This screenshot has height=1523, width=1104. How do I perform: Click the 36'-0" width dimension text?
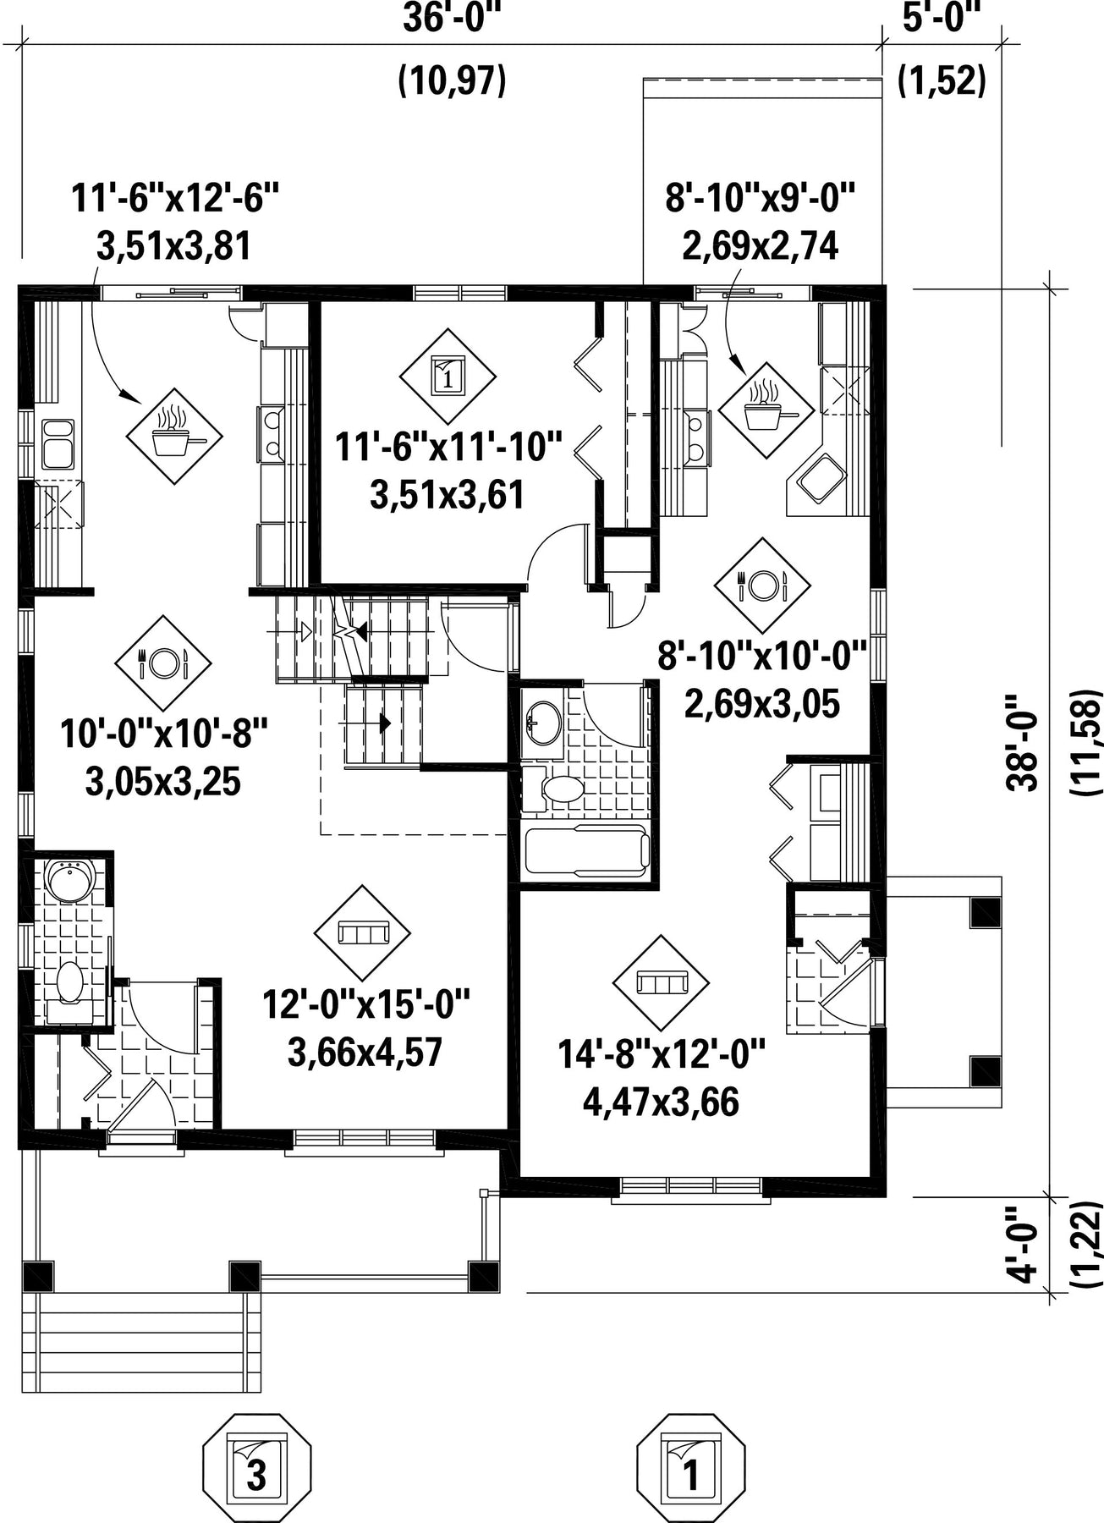click(x=452, y=19)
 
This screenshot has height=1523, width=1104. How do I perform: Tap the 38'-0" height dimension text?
click(x=1021, y=743)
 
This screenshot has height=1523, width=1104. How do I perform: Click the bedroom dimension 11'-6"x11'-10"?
click(x=449, y=447)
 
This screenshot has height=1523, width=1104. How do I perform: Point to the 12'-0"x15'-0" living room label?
click(x=365, y=1006)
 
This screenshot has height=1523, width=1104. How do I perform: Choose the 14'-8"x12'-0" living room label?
click(x=662, y=1055)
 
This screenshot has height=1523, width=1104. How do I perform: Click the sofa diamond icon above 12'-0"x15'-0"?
click(x=362, y=933)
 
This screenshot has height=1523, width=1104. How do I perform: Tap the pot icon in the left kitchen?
click(x=174, y=437)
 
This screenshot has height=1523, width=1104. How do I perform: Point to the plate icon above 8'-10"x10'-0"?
click(x=762, y=585)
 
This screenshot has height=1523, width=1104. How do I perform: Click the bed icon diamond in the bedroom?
click(x=448, y=375)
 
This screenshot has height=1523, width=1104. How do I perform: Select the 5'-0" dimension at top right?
click(x=941, y=19)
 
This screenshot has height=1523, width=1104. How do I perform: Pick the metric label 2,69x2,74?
click(x=761, y=246)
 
